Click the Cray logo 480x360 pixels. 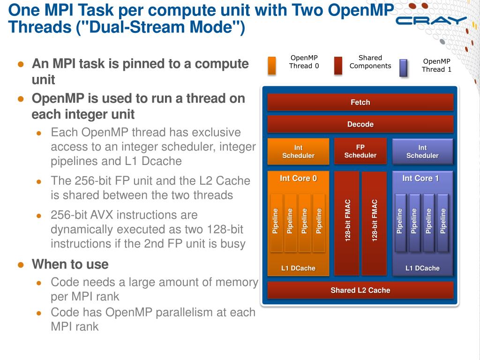tap(431, 20)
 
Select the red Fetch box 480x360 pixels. tap(360, 102)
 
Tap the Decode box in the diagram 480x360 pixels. tap(360, 124)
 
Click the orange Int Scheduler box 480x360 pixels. tap(298, 151)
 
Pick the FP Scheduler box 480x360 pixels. tap(360, 151)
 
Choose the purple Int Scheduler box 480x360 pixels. tap(422, 151)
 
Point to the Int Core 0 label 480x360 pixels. tap(298, 178)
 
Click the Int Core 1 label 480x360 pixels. tap(420, 178)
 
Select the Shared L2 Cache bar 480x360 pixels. tap(360, 290)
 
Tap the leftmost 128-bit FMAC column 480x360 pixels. tap(347, 223)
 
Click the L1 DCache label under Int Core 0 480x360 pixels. tap(298, 268)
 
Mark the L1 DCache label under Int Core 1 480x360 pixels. tap(422, 268)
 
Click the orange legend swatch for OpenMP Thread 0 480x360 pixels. tap(272, 66)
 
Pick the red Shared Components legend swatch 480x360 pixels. tap(338, 66)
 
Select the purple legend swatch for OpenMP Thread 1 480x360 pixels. tap(403, 67)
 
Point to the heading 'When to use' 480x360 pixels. tap(70, 264)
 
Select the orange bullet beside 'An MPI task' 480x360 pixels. tap(21, 64)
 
